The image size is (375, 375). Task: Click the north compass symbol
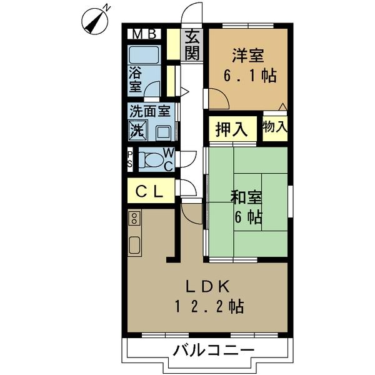(95, 20)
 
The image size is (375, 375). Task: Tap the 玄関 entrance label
(192, 45)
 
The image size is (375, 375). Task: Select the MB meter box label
(145, 34)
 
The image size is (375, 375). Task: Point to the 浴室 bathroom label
(136, 81)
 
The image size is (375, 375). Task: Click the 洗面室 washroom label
(150, 112)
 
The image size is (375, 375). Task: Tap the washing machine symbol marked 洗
(138, 131)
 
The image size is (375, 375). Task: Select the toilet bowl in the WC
(149, 160)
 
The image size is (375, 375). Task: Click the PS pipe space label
(129, 160)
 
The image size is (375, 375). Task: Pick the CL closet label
(150, 192)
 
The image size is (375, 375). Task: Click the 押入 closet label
(231, 129)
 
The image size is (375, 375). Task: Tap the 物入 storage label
(276, 127)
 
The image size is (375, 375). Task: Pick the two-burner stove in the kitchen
(134, 218)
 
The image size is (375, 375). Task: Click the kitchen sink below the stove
(134, 244)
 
